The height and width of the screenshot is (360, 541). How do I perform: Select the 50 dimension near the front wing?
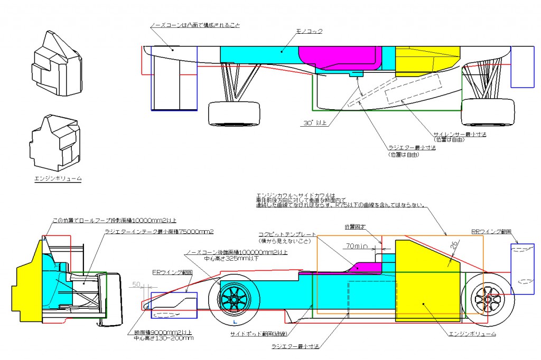(x=136, y=285)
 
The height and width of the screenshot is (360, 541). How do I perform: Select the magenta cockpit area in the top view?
(x=341, y=58)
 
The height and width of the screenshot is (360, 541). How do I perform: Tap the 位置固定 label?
(x=355, y=227)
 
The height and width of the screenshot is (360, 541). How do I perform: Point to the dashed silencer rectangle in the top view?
(x=412, y=87)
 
